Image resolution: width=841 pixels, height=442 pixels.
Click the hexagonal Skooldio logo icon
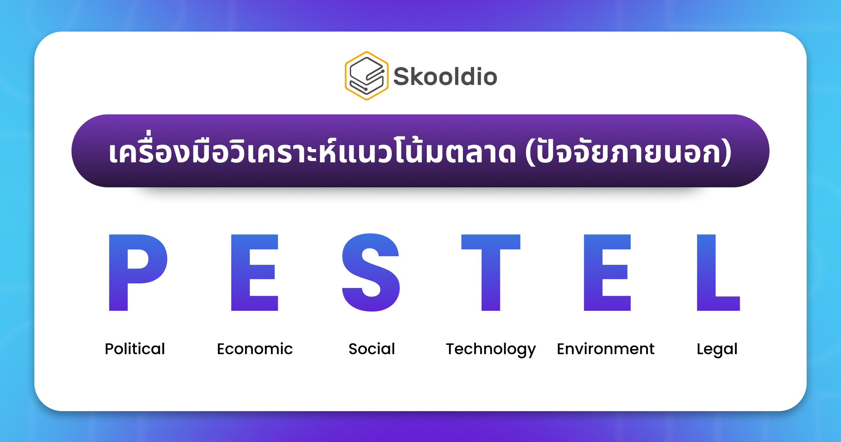[367, 76]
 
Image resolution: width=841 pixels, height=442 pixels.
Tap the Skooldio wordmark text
[445, 76]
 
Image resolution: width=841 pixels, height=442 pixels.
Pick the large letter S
[371, 272]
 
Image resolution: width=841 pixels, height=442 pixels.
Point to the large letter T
[491, 272]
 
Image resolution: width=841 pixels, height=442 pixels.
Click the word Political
[135, 349]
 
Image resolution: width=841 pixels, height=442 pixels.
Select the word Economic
[255, 349]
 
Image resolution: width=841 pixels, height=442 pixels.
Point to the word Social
[372, 349]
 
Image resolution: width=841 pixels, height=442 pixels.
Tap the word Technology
[491, 349]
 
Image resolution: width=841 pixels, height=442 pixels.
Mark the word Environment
[606, 349]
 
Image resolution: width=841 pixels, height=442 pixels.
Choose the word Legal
[717, 349]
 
